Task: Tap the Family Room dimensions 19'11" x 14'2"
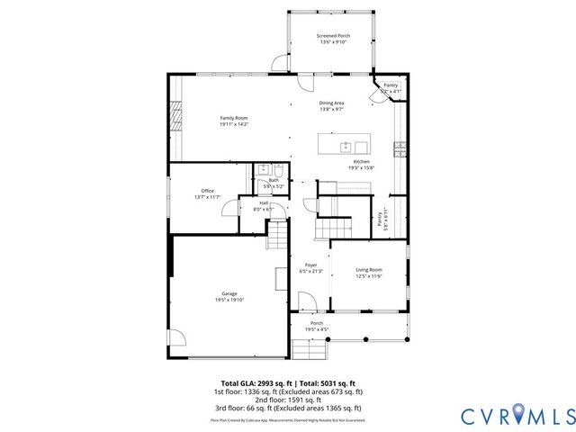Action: (x=233, y=124)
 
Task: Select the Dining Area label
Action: (x=331, y=103)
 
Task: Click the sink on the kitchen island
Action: (x=346, y=146)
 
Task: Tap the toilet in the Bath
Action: (x=279, y=171)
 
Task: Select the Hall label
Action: (x=264, y=202)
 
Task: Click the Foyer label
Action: (x=310, y=265)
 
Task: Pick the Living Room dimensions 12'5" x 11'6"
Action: (x=369, y=276)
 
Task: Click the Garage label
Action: (x=229, y=293)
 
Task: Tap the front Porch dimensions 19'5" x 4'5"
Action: (x=317, y=329)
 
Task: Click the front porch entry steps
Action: (x=302, y=350)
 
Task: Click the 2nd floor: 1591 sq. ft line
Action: (x=287, y=399)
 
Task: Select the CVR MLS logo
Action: (x=517, y=415)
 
